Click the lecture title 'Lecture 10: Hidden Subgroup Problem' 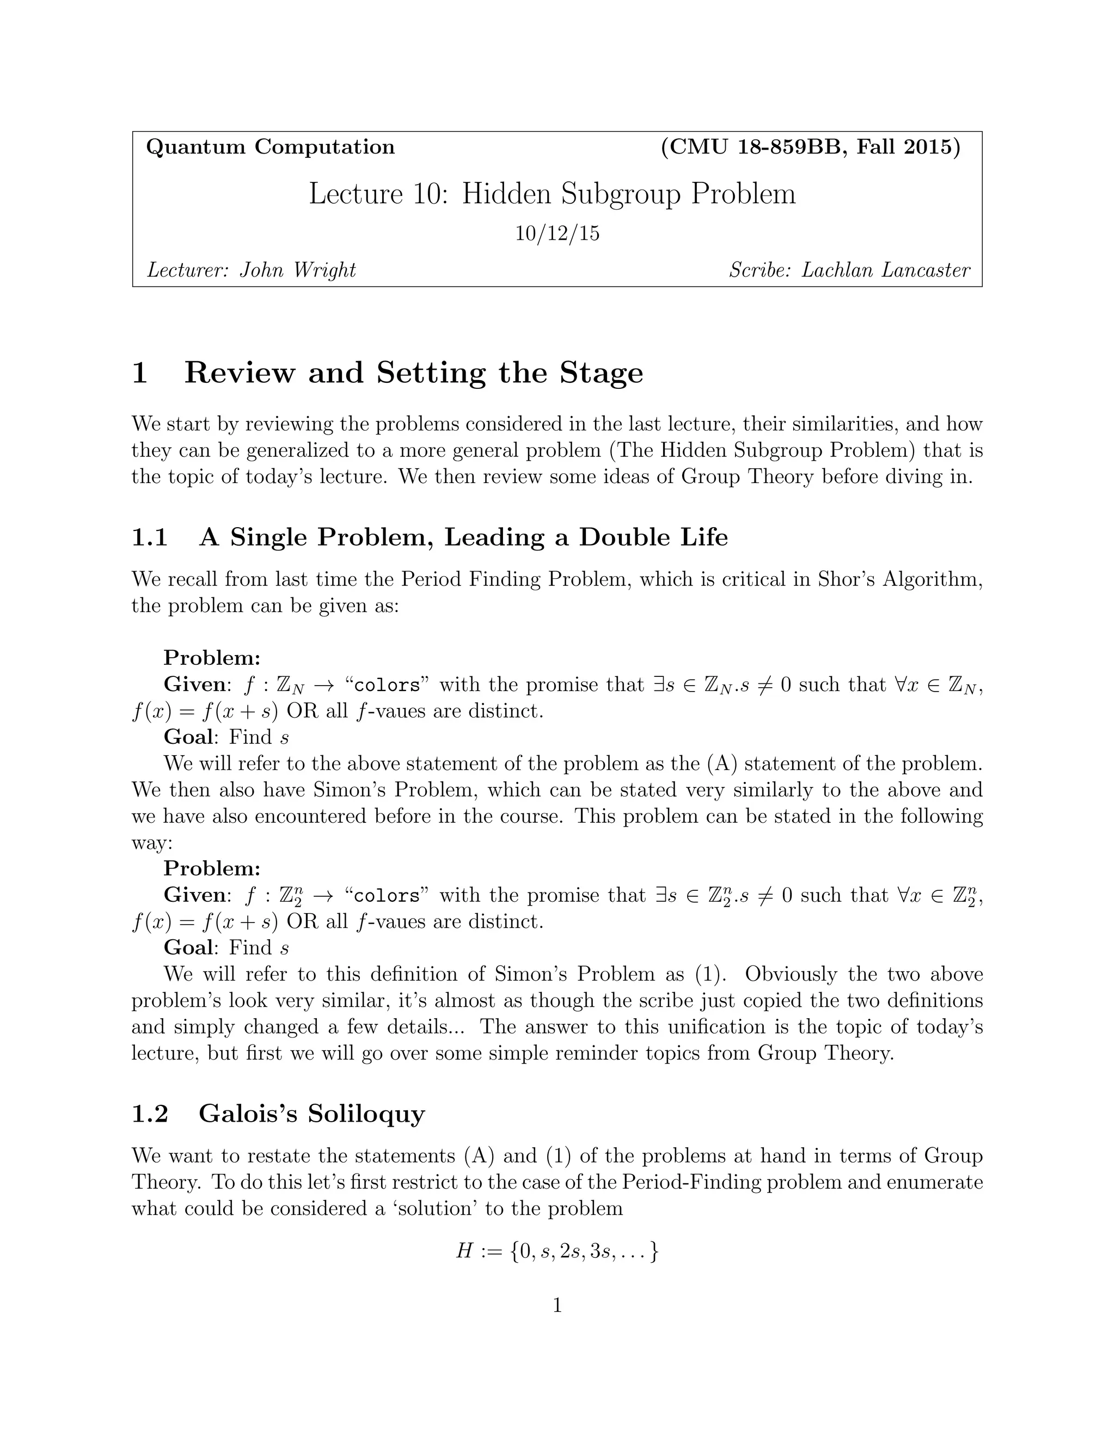[x=552, y=194]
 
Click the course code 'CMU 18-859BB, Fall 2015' [x=811, y=146]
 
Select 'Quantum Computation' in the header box [x=270, y=146]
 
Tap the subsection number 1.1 [x=150, y=537]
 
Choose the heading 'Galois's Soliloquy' [x=312, y=1114]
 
